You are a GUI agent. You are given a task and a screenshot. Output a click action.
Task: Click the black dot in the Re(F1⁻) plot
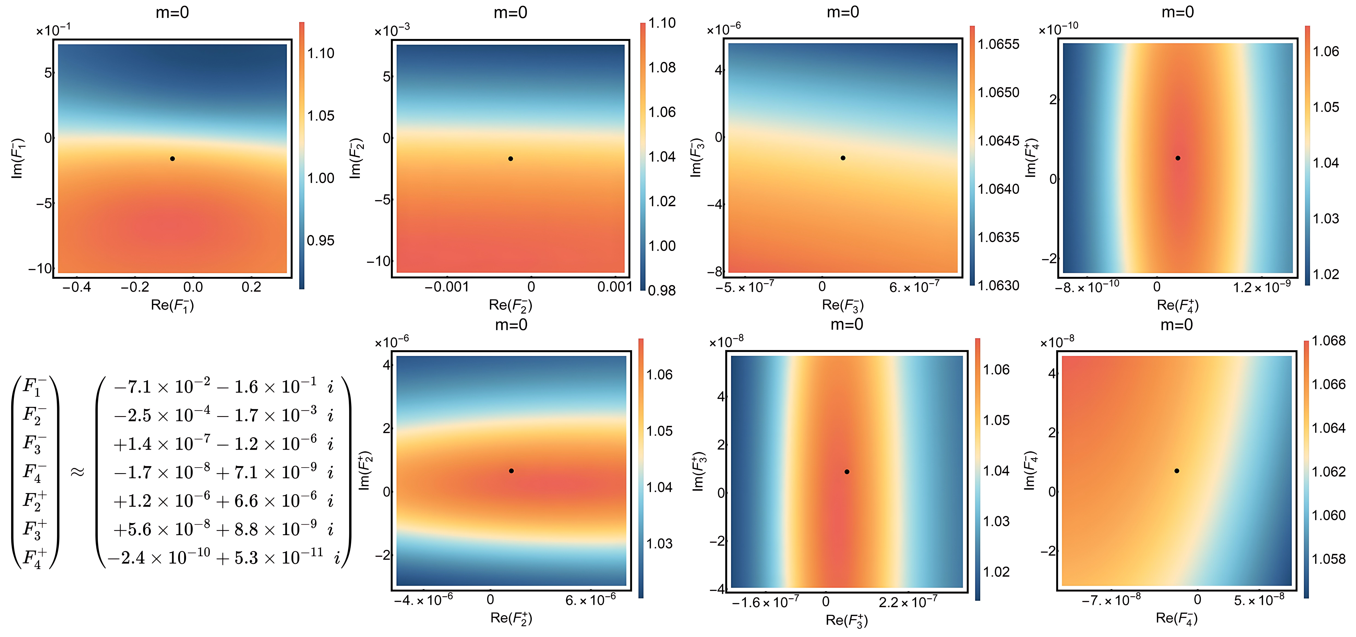point(172,159)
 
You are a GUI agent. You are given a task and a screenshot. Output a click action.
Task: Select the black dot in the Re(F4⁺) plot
point(1177,158)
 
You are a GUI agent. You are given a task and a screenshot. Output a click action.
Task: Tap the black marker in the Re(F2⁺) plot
point(511,471)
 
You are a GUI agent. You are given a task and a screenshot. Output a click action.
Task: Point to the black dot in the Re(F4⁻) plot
point(1177,471)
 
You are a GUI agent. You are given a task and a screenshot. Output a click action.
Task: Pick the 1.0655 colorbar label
point(998,44)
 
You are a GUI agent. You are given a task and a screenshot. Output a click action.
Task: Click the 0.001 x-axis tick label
point(614,287)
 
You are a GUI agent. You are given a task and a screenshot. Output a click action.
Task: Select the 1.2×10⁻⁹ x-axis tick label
point(1261,287)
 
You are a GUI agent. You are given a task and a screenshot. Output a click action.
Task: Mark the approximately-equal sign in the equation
point(77,472)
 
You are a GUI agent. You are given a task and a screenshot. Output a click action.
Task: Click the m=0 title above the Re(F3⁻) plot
point(843,12)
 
